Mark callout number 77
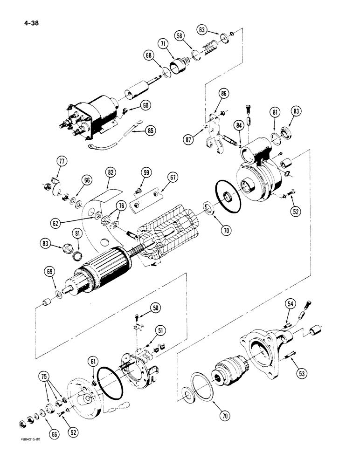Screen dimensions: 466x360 click(x=62, y=161)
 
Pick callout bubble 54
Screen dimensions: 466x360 click(x=291, y=304)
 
